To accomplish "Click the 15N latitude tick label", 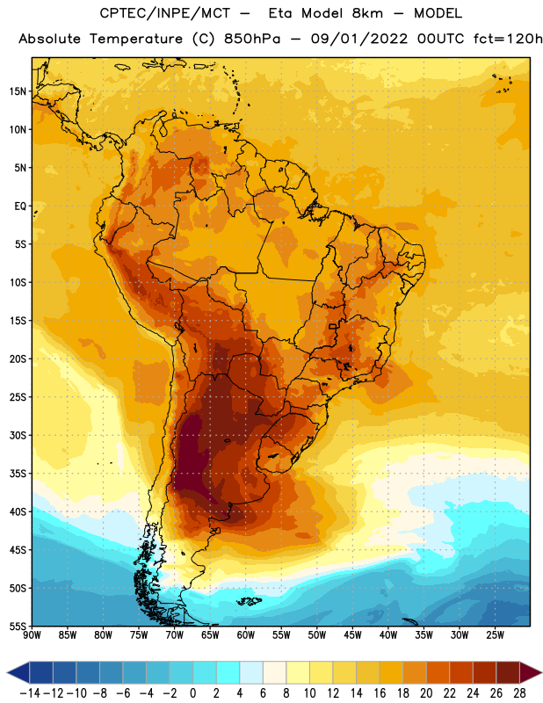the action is [x=18, y=91].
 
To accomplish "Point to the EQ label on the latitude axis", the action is [x=20, y=207].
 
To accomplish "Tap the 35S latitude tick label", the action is [x=18, y=474].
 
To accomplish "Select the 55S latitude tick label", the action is [x=18, y=626].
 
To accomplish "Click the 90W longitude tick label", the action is [x=32, y=635].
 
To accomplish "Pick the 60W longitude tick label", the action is [x=246, y=635].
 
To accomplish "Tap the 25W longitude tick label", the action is [x=495, y=635].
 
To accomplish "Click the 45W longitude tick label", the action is [x=352, y=635].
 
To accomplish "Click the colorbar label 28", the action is [x=519, y=693].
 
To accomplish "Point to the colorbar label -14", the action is [x=30, y=693].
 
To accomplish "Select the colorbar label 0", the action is [x=193, y=693].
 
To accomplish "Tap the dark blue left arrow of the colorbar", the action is [x=18, y=672].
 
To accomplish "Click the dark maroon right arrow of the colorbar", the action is [x=531, y=672].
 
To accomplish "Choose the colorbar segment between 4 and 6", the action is [x=251, y=672].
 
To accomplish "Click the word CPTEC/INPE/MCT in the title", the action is [x=165, y=14].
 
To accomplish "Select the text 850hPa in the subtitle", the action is [x=252, y=39].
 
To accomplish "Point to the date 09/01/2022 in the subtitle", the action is [x=359, y=39].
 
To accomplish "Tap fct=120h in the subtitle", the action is [x=508, y=39].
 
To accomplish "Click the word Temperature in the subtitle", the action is [x=136, y=40].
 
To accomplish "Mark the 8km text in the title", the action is [x=367, y=13].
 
